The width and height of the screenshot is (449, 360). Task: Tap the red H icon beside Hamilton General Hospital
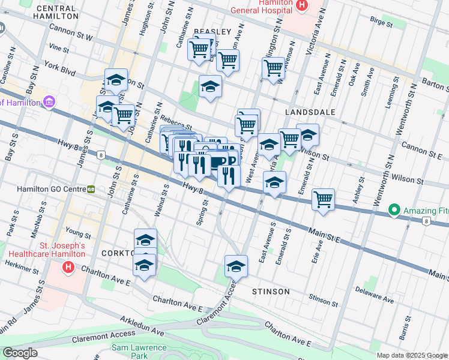[301, 5]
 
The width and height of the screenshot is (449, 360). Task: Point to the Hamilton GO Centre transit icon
[91, 189]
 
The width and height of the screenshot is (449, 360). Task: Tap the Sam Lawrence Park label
[139, 352]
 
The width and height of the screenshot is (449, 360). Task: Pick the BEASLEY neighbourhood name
[212, 31]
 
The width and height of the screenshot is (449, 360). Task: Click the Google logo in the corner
[20, 352]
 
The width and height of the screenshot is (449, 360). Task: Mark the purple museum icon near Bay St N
[49, 103]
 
